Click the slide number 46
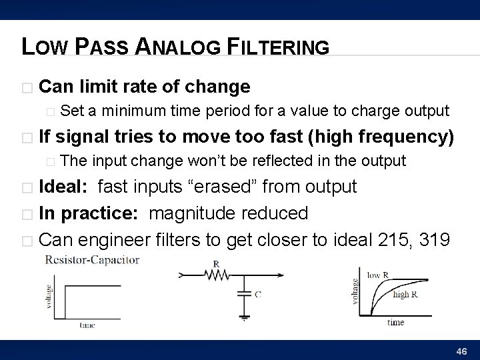pyautogui.click(x=460, y=351)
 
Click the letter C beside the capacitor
pyautogui.click(x=257, y=293)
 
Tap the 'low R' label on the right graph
pyautogui.click(x=378, y=273)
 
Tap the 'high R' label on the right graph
pyautogui.click(x=406, y=293)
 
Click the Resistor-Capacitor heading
pyautogui.click(x=91, y=259)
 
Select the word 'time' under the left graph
pyautogui.click(x=87, y=325)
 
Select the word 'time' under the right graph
pyautogui.click(x=395, y=323)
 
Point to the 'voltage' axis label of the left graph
pyautogui.click(x=49, y=294)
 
